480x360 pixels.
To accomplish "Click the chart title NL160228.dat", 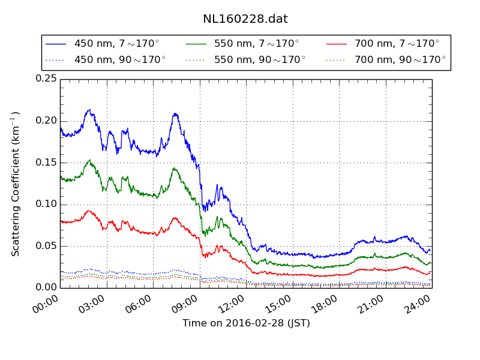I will pos(245,19).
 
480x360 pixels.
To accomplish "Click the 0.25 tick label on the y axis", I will pos(46,79).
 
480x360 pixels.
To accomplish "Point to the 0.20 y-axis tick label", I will pos(46,121).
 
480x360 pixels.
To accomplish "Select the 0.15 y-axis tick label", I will pos(46,163).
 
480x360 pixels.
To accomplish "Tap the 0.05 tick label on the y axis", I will pos(46,246).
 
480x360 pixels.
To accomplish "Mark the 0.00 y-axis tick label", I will pos(46,287).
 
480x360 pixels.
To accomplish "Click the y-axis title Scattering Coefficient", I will pos(16,184).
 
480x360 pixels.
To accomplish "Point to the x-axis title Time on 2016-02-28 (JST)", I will pos(246,323).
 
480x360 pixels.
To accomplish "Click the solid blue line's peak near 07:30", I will pos(175,113).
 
